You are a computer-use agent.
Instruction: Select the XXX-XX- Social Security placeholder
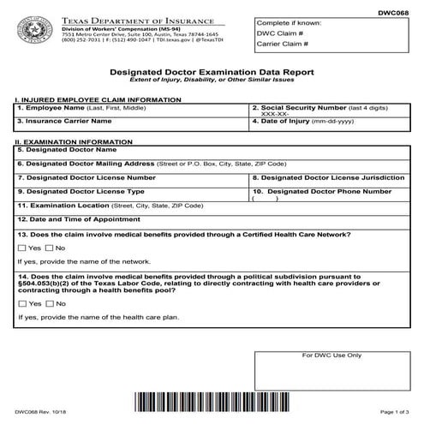(275, 115)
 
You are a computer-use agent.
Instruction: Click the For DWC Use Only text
(338, 355)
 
